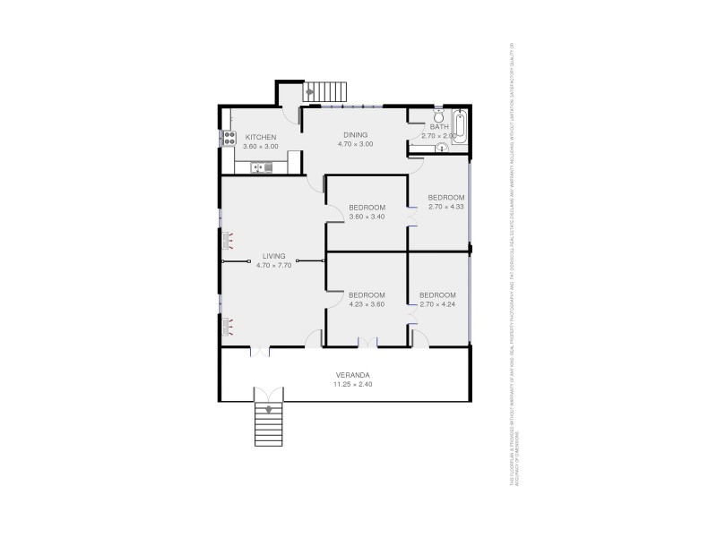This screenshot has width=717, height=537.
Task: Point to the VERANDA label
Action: (x=353, y=375)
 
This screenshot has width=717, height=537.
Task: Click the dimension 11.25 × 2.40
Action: (x=353, y=385)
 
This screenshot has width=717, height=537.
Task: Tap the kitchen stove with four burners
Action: (x=229, y=139)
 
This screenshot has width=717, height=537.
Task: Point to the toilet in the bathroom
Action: (x=438, y=117)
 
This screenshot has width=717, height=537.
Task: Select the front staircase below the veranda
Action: (x=269, y=424)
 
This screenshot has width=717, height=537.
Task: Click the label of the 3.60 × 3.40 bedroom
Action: (x=367, y=208)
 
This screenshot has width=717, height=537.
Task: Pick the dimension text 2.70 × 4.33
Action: (x=445, y=207)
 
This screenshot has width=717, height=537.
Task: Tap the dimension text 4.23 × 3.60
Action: (x=367, y=304)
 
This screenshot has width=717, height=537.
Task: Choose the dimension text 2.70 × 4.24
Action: (x=438, y=304)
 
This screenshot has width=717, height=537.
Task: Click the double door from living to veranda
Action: (x=259, y=351)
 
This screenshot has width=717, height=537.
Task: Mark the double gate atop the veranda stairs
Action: (x=268, y=394)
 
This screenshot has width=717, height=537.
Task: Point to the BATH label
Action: (x=439, y=127)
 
